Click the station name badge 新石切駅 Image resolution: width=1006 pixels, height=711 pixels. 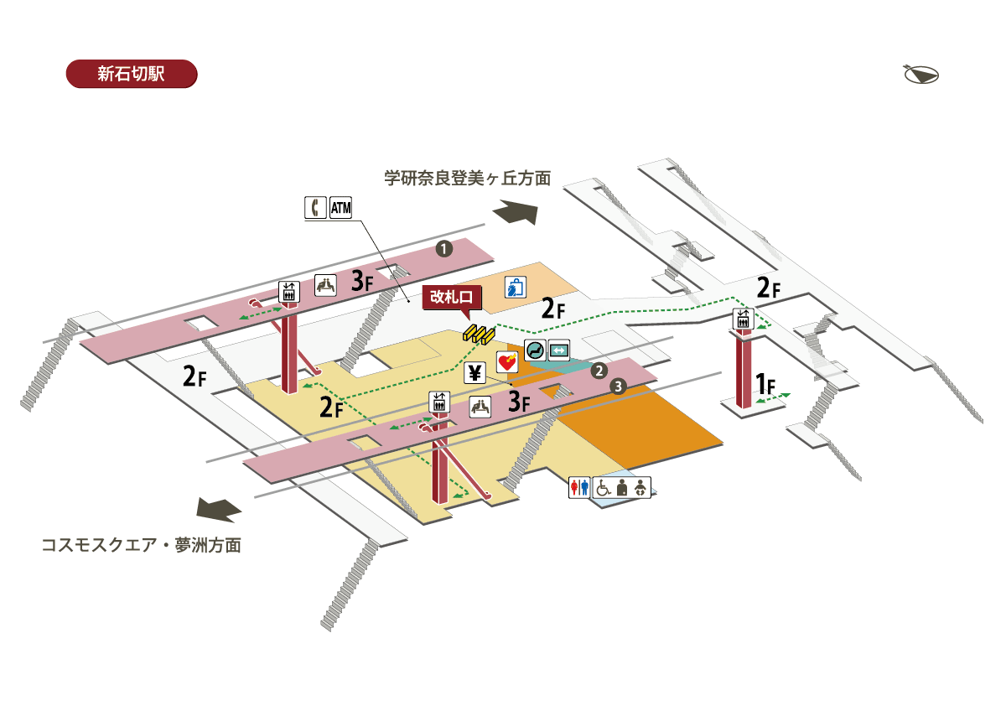(x=131, y=74)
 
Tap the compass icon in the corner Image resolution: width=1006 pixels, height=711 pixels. (x=920, y=75)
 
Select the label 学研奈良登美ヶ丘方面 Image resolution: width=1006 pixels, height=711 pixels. (x=468, y=179)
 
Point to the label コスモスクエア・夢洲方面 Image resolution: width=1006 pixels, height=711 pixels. (x=142, y=545)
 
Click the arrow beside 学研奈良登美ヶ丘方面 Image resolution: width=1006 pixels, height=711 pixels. (x=514, y=213)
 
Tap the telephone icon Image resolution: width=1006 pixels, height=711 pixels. (x=315, y=207)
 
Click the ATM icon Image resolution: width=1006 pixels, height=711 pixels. (x=340, y=207)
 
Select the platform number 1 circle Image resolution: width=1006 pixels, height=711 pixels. (x=443, y=247)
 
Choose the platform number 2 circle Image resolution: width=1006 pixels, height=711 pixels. (x=599, y=370)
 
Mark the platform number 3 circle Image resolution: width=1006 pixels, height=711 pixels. (x=618, y=387)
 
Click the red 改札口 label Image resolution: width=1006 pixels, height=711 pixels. (x=452, y=297)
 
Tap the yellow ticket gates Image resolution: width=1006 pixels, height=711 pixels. (x=480, y=334)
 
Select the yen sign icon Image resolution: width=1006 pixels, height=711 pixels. (x=475, y=374)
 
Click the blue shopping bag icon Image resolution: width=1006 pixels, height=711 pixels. (x=515, y=288)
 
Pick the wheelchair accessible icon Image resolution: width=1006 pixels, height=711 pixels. (x=603, y=488)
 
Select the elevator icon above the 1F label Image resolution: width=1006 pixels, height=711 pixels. (x=744, y=319)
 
